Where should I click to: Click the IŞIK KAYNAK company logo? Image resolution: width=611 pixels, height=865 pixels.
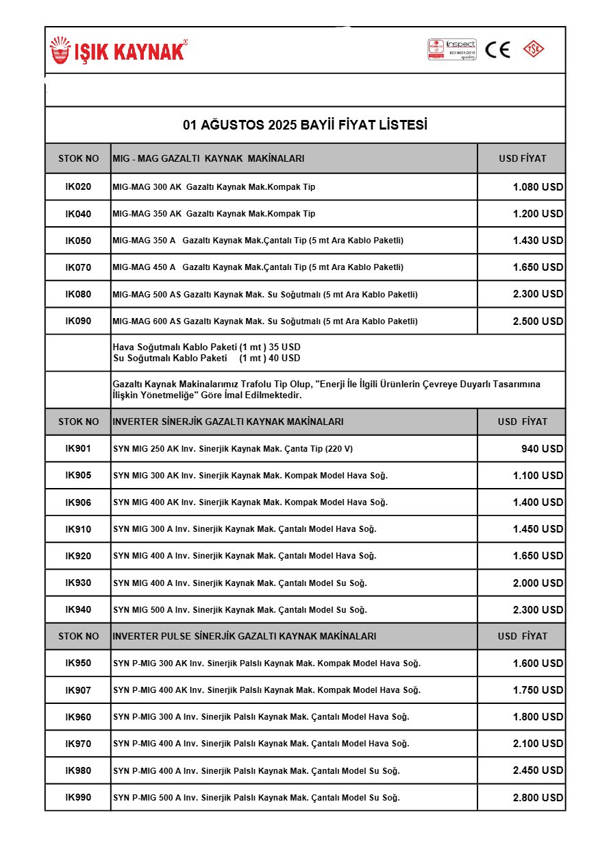118,51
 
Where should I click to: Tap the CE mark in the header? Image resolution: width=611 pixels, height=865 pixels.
498,50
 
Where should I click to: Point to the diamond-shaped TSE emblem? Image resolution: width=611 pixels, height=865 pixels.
534,49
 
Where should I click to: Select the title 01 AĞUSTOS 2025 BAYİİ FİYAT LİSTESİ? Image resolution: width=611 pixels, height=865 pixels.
305,125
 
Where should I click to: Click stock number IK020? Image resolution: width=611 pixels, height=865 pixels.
78,187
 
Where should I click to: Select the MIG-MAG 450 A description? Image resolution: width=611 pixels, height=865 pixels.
258,267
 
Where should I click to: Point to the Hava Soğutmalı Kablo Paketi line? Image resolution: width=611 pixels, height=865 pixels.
206,348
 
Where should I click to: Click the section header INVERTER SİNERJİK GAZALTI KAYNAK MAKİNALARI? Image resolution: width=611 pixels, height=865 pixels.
228,422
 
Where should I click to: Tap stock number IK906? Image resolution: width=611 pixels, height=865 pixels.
78,502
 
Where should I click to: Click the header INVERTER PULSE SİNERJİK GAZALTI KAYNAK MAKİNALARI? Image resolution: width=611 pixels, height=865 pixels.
245,637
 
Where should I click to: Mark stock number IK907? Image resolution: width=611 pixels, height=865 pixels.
78,690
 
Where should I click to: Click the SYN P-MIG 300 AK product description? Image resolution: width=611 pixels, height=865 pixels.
266,663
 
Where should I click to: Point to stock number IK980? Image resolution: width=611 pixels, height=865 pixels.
78,771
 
